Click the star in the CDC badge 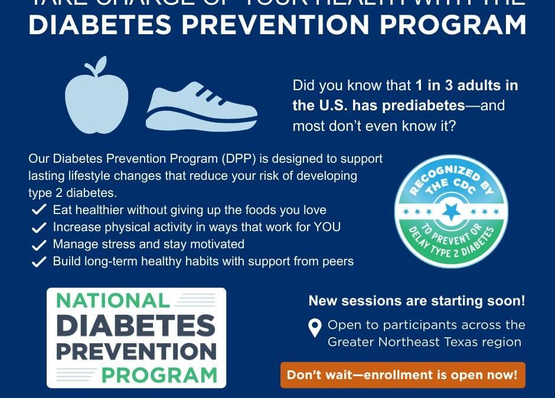click(x=452, y=211)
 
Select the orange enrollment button click(x=402, y=375)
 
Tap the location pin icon click(x=315, y=328)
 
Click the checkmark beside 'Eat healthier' click(x=39, y=210)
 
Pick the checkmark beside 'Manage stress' click(x=39, y=245)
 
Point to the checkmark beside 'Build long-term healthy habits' click(x=39, y=262)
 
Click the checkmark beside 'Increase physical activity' click(x=39, y=228)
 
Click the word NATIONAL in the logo click(x=113, y=301)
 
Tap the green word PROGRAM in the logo click(x=159, y=374)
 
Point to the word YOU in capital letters click(x=326, y=227)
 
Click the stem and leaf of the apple click(x=99, y=65)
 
